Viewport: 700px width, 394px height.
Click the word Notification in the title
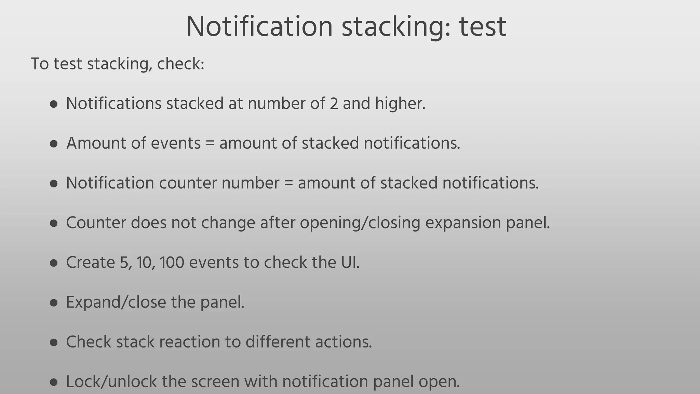pos(259,27)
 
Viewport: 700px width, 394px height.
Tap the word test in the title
pos(482,27)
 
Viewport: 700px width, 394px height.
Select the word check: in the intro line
pos(180,64)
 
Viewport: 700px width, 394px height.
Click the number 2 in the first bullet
pos(334,103)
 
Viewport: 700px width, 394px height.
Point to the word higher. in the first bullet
pos(400,103)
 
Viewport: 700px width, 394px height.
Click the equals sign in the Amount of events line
pos(210,143)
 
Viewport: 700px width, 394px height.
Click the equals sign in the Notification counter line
pos(288,183)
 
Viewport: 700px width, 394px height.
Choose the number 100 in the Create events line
pos(172,263)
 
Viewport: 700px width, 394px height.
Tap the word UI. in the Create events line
pos(350,263)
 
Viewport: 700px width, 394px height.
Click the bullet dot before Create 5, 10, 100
pos(53,263)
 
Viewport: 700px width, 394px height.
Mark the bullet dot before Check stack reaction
pos(53,342)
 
